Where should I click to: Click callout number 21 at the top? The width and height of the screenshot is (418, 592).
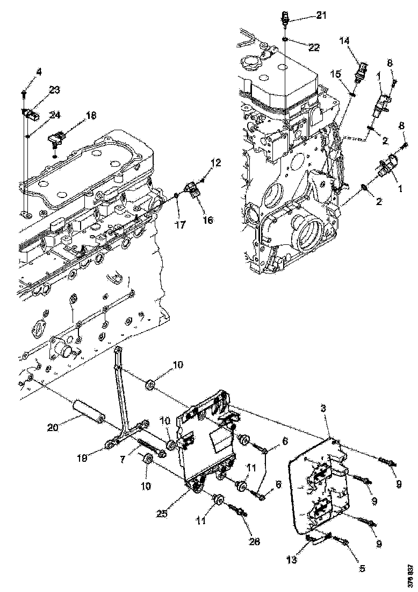click(321, 16)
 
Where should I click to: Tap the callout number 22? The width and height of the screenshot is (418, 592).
click(314, 47)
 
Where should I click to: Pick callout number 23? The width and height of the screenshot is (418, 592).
click(55, 90)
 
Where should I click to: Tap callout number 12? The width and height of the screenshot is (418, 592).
click(215, 162)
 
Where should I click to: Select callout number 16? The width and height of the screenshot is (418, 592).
click(207, 220)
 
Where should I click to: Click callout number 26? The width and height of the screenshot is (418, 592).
click(255, 541)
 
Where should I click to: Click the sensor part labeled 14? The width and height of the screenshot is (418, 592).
click(364, 69)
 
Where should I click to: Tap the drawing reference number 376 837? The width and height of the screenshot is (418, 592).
click(411, 575)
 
